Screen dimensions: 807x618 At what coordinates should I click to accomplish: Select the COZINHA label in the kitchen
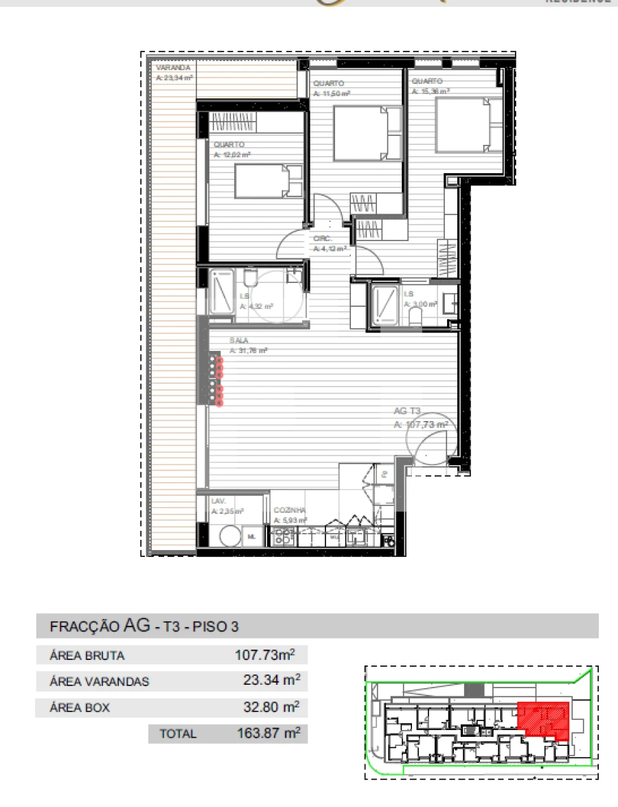click(x=289, y=511)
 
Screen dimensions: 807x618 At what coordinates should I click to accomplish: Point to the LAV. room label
click(x=218, y=501)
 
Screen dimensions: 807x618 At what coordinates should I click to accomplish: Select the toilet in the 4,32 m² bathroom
click(x=249, y=279)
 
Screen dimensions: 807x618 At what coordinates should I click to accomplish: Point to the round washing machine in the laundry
click(x=229, y=536)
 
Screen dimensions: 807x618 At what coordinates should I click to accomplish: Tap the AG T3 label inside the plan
click(x=407, y=411)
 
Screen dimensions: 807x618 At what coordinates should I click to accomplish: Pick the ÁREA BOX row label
click(x=80, y=708)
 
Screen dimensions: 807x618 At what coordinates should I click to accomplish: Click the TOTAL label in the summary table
click(x=178, y=734)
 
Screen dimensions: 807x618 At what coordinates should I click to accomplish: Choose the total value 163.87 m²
click(x=267, y=734)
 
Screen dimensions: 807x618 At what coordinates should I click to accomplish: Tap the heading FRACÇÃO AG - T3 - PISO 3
click(x=144, y=626)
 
